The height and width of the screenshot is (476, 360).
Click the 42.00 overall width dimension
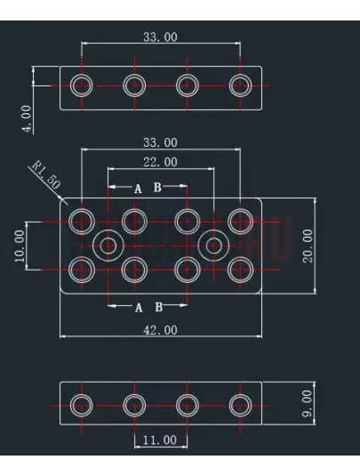[160, 329]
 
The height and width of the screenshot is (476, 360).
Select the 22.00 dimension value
[160, 162]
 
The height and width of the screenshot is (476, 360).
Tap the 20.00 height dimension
[308, 246]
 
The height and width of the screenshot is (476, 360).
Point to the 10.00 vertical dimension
[20, 244]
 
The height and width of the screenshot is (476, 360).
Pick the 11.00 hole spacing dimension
[160, 440]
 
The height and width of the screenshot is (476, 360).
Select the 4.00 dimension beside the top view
[26, 117]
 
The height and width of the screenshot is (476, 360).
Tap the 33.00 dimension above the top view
[160, 36]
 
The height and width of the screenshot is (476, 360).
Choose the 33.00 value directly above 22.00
[160, 142]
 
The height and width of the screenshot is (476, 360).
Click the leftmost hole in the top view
[81, 85]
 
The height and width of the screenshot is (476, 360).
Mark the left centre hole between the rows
[108, 244]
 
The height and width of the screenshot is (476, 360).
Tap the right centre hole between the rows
[213, 244]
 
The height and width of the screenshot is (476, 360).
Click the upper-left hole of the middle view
[81, 220]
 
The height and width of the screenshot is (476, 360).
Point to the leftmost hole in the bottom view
[81, 406]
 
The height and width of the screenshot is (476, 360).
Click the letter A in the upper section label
[138, 189]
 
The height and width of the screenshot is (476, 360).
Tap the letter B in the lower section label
[158, 307]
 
